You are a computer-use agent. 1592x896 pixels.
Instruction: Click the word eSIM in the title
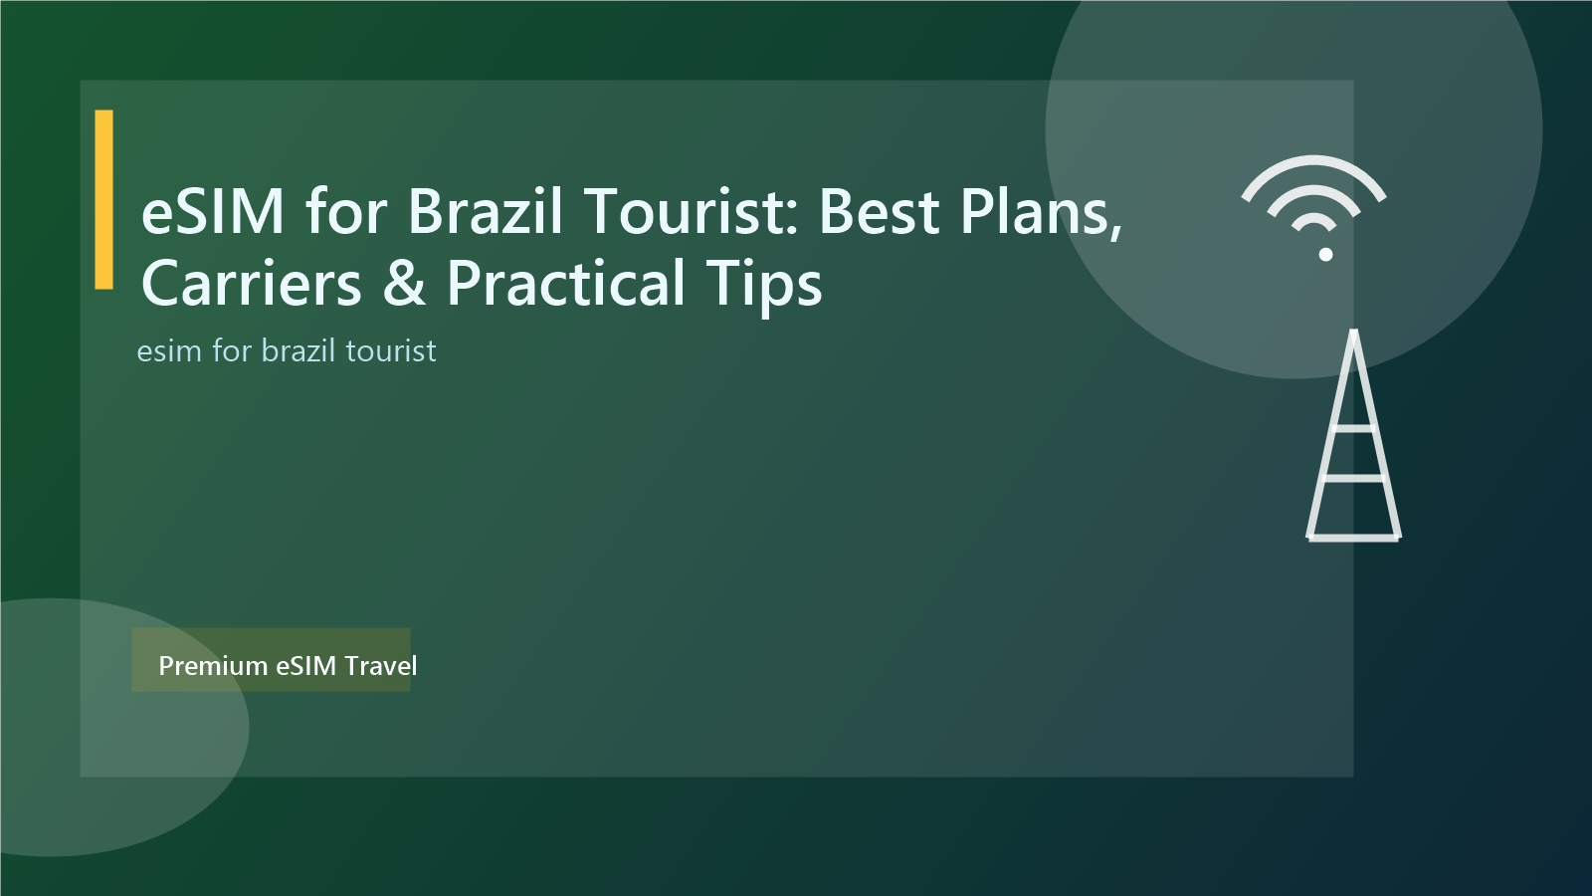point(213,211)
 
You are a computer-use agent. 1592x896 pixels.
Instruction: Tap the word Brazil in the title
point(486,211)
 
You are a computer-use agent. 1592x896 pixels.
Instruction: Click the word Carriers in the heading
point(252,284)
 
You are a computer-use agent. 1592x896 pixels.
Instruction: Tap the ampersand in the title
point(404,284)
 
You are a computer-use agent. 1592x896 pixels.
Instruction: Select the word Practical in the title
point(566,284)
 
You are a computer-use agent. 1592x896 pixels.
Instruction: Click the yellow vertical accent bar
point(103,199)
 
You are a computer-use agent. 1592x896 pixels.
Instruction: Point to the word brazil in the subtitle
point(298,351)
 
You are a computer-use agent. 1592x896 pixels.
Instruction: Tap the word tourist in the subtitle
point(391,351)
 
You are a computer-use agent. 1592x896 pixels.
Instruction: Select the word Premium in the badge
point(213,665)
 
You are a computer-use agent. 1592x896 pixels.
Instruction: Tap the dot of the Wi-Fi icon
point(1325,255)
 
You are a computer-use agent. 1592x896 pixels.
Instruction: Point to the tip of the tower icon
point(1353,334)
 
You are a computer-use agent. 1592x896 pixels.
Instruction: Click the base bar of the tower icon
point(1353,538)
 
